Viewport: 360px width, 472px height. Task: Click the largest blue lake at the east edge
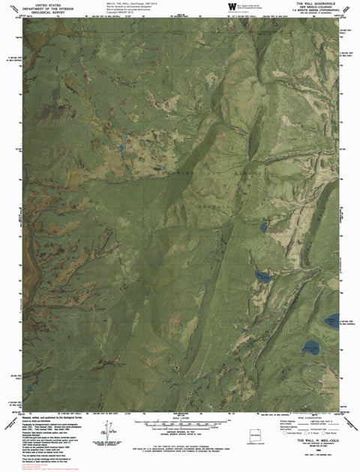[331, 323]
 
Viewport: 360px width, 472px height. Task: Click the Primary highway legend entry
[283, 423]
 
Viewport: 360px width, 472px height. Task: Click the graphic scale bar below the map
[180, 422]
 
